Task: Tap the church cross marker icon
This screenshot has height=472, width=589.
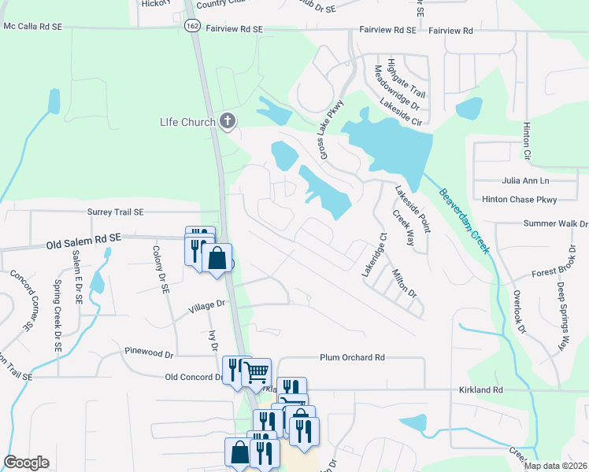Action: pyautogui.click(x=228, y=120)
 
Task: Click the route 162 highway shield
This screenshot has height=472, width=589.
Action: pyautogui.click(x=193, y=26)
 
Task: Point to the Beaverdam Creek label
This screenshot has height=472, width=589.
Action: pyautogui.click(x=465, y=221)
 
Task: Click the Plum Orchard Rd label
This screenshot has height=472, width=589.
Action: pyautogui.click(x=352, y=357)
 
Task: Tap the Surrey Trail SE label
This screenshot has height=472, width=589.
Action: pyautogui.click(x=116, y=212)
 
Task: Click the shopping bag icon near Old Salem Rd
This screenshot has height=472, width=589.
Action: pyautogui.click(x=217, y=258)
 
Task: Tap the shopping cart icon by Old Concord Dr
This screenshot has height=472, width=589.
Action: pyautogui.click(x=256, y=371)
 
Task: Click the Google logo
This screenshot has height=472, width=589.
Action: pyautogui.click(x=26, y=463)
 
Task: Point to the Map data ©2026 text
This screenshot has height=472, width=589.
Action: pyautogui.click(x=554, y=466)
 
